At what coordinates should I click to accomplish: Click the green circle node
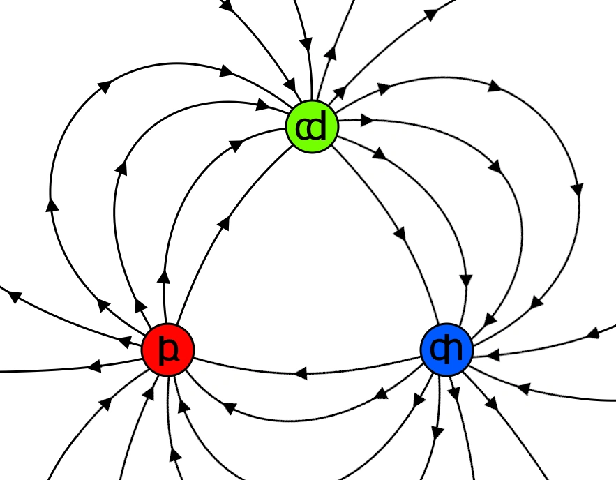point(312,127)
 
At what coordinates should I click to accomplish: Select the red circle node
point(167,350)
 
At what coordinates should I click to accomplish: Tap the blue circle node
point(446,349)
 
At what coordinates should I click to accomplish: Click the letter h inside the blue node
point(454,349)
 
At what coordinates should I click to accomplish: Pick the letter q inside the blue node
point(439,350)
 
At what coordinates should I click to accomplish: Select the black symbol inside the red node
point(167,350)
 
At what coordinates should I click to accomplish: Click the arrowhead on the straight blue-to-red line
point(300,373)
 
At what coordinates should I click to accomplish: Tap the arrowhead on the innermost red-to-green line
point(224,223)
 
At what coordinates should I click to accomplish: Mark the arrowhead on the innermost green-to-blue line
point(400,232)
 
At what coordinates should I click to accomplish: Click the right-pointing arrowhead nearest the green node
point(366,120)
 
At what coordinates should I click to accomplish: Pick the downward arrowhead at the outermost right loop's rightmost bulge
point(577,188)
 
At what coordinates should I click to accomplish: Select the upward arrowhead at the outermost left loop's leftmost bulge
point(51,204)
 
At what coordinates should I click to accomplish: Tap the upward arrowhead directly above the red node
point(164,276)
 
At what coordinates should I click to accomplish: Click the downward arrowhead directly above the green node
point(306,44)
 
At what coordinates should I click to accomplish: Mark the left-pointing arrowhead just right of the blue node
point(493,355)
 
